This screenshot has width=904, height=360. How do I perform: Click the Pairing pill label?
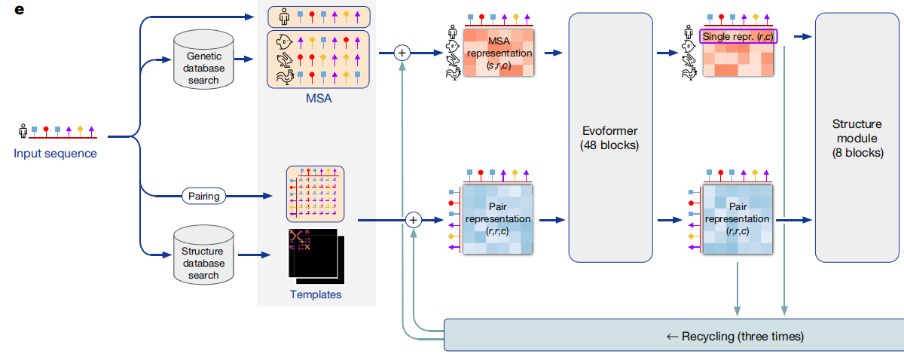pos(203,197)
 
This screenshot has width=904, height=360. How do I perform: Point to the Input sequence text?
pos(55,154)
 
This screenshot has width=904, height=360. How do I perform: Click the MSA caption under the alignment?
pos(318,98)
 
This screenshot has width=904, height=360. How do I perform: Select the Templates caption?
pos(316,294)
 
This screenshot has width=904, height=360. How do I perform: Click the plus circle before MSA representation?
pos(402,53)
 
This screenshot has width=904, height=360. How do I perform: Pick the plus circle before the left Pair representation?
pos(413,220)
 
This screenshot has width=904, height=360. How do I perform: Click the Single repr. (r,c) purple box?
pos(738,36)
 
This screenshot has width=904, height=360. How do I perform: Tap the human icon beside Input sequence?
pos(23,132)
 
